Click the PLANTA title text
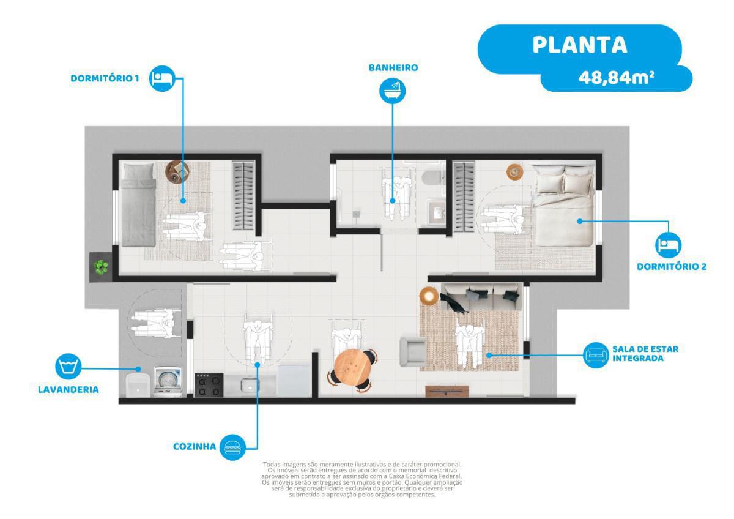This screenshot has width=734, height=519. [579, 45]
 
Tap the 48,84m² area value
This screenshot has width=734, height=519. [617, 78]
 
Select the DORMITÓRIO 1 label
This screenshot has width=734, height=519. [105, 78]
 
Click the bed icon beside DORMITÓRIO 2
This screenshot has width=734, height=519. [668, 245]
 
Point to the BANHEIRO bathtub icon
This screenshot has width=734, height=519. [392, 91]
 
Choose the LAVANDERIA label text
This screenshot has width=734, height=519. [68, 389]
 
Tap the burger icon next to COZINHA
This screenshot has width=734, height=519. [232, 447]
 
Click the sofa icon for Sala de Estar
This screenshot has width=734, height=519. [596, 355]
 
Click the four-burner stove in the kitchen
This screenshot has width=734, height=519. [209, 385]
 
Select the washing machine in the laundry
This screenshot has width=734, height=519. [168, 382]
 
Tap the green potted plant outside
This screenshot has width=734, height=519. [100, 267]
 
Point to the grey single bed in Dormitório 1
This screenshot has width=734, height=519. [138, 204]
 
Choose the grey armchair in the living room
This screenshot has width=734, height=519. [413, 351]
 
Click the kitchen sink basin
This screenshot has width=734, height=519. [250, 385]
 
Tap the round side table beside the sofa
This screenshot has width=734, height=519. [429, 296]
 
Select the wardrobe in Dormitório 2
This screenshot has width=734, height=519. [464, 195]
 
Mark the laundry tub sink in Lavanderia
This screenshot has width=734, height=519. [138, 385]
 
